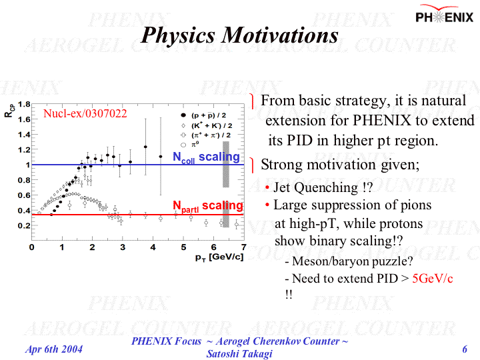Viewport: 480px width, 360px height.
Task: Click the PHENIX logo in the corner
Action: coord(445,16)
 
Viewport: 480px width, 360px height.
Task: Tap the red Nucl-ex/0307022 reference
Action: coord(85,113)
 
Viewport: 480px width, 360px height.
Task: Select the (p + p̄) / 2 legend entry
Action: coord(211,115)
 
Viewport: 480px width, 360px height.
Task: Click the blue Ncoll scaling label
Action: coord(206,157)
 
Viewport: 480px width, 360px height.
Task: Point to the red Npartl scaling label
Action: coord(208,206)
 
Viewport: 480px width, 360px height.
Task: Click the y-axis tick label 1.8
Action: coord(23,104)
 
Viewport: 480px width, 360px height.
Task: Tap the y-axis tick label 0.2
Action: coord(23,226)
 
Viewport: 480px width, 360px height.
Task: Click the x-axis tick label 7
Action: coord(244,247)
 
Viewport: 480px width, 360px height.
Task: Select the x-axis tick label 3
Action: coord(123,247)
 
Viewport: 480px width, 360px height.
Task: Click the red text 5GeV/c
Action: coord(433,278)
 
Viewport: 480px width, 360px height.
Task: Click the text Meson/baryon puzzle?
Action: coord(353,261)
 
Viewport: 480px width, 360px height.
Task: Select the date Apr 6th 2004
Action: coord(54,349)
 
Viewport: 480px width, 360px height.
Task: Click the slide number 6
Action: coord(464,349)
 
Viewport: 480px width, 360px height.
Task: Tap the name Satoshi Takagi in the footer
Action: coord(240,354)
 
